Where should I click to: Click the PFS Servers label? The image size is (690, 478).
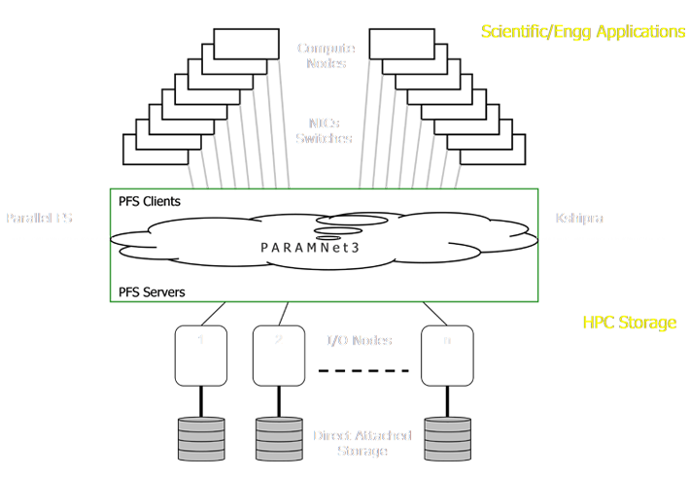coord(154,291)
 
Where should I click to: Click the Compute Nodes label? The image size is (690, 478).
coord(325,54)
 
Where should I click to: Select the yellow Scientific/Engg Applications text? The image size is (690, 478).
coord(583,32)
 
